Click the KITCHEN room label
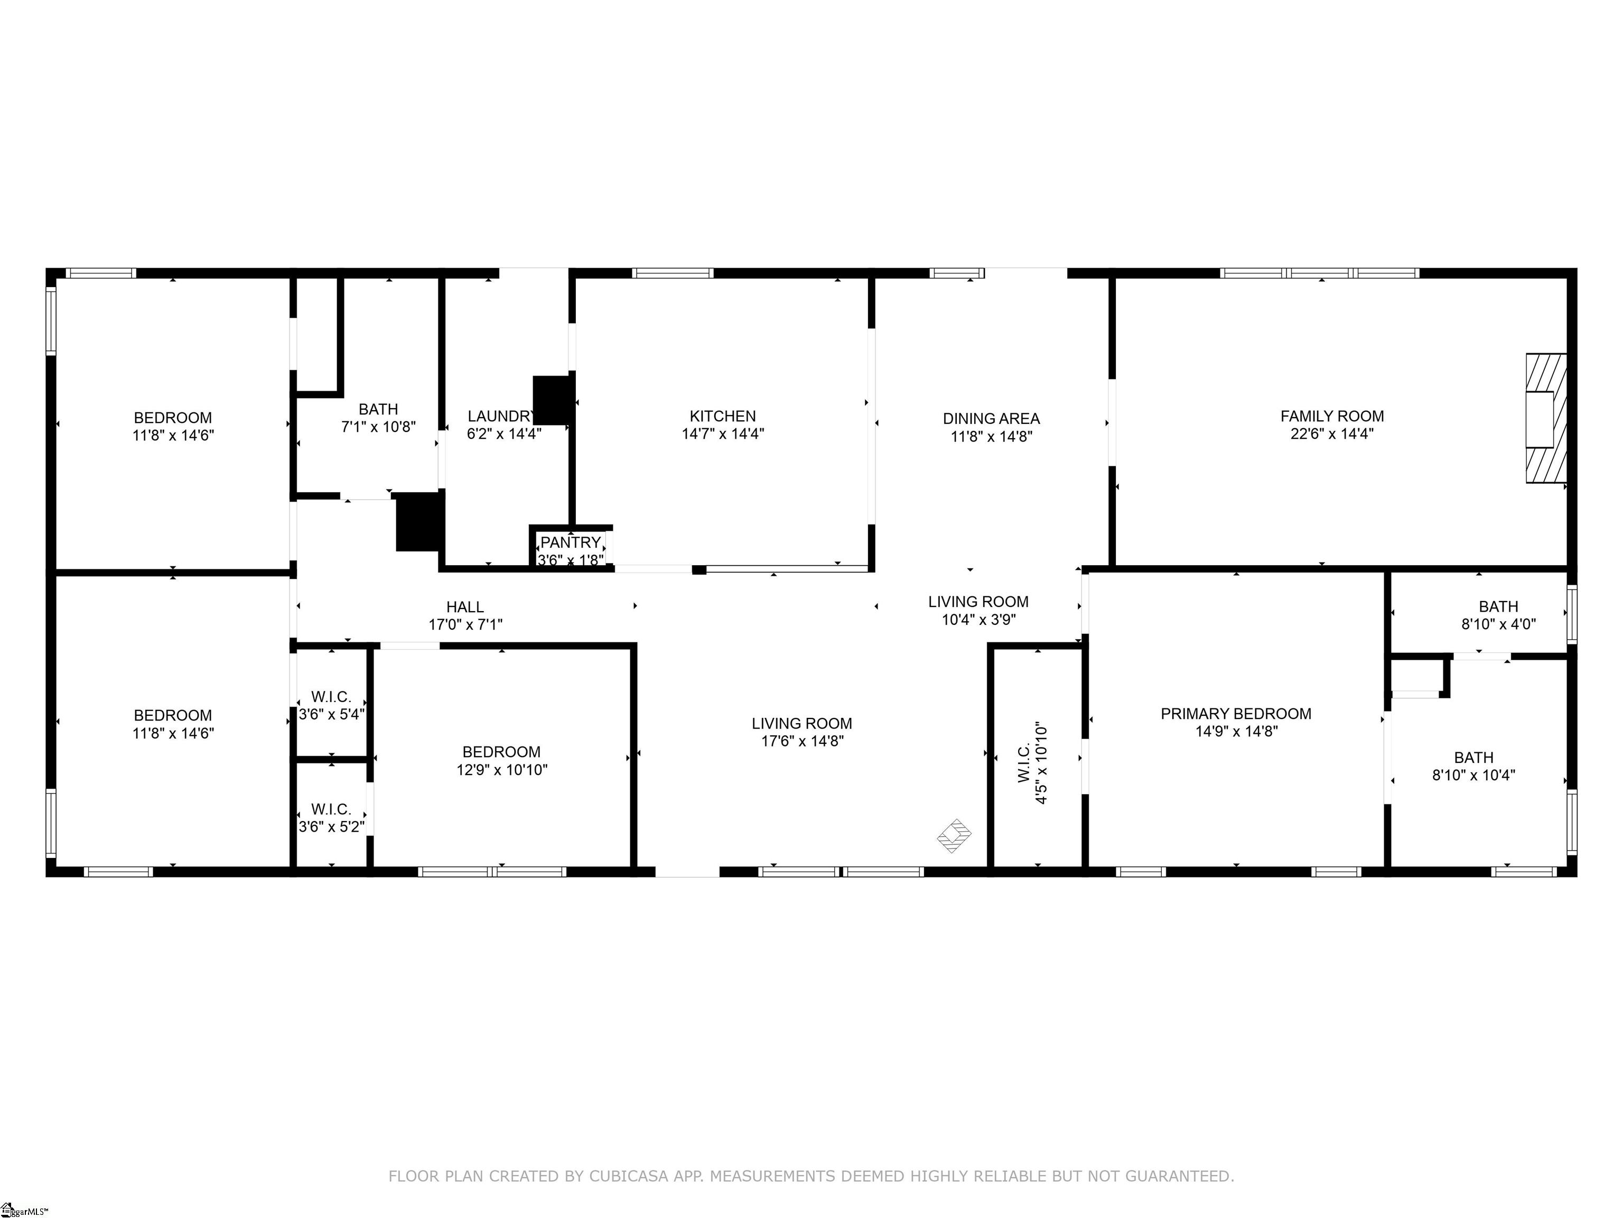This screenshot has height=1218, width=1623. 722,416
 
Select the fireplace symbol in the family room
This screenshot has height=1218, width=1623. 1545,419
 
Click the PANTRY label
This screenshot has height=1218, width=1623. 570,542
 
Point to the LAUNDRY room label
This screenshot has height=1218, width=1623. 501,416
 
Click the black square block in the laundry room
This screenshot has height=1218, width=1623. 553,400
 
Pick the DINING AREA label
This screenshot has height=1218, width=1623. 991,419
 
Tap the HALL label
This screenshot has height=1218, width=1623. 464,607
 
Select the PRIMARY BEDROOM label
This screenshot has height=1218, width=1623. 1236,714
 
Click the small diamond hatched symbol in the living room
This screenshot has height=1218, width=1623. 954,835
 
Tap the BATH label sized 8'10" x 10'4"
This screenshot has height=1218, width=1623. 1473,766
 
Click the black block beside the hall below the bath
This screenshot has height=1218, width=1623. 419,521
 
